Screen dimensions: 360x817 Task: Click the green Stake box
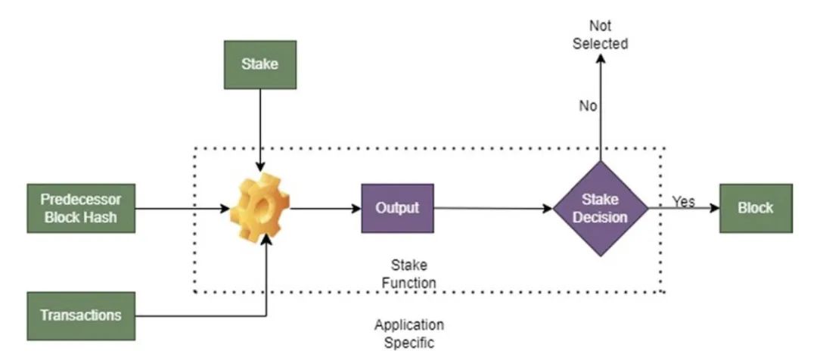259,64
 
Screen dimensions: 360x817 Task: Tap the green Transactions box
80,315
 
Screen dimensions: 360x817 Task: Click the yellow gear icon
259,206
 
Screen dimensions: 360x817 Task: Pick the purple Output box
397,207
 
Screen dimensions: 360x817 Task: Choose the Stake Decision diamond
600,208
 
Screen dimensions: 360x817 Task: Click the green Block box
756,207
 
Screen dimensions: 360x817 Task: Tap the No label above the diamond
588,106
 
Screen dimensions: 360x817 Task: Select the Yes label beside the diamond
683,201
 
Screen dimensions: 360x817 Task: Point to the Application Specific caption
408,334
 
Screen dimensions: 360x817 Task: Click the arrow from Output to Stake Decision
492,207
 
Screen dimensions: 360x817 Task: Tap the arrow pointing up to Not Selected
600,113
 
